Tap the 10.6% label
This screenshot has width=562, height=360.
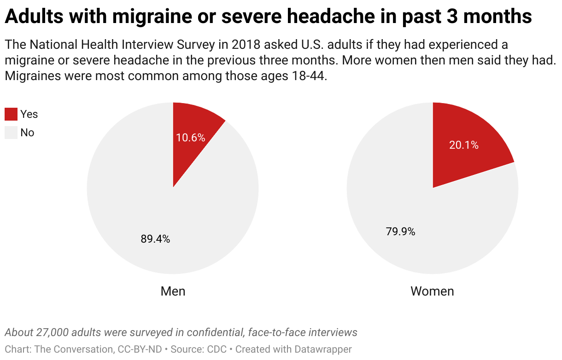(191, 137)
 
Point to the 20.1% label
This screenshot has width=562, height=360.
(464, 145)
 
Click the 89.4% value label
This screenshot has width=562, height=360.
(155, 239)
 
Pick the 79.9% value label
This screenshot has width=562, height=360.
(400, 232)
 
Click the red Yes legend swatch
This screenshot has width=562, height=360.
(11, 114)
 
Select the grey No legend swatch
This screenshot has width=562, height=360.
(11, 133)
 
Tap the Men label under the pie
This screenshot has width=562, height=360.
(173, 291)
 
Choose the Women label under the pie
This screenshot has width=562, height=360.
(432, 291)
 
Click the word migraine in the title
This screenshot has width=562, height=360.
(152, 17)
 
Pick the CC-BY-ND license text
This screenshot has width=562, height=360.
(139, 349)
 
